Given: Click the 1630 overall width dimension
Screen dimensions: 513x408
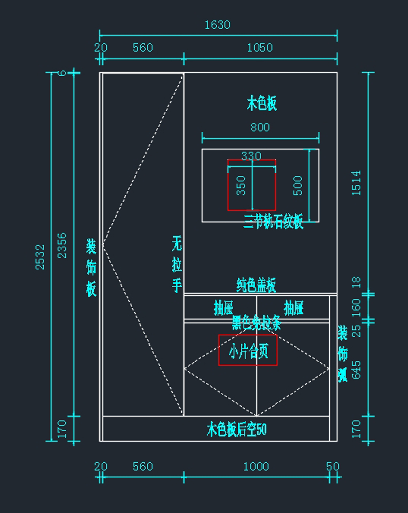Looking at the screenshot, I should pyautogui.click(x=217, y=25).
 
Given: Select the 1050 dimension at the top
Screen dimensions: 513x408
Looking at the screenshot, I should pyautogui.click(x=260, y=48).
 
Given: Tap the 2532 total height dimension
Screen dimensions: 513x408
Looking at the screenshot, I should pyautogui.click(x=40, y=257).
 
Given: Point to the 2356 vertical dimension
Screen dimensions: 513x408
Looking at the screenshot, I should pyautogui.click(x=62, y=246).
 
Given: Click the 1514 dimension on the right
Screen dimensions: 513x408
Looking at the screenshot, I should pyautogui.click(x=356, y=183).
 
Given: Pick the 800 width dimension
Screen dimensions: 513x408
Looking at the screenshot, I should pyautogui.click(x=260, y=127).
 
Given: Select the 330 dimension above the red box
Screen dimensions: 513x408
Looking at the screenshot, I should pyautogui.click(x=251, y=156).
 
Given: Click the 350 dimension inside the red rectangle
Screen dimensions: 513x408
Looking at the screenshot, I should pyautogui.click(x=241, y=185).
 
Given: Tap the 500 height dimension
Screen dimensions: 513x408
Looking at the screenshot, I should pyautogui.click(x=297, y=185).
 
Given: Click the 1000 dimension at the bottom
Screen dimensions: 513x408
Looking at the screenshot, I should pyautogui.click(x=256, y=466).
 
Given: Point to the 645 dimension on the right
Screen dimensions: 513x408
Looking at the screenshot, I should pyautogui.click(x=356, y=370).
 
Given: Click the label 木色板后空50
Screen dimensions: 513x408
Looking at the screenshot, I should pyautogui.click(x=237, y=430).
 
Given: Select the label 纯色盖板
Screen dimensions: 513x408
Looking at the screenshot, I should pyautogui.click(x=256, y=285).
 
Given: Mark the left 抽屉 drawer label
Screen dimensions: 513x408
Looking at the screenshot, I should pyautogui.click(x=223, y=308).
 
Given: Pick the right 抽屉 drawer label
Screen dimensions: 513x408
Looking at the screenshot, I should pyautogui.click(x=293, y=308).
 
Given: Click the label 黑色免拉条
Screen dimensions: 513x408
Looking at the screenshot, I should pyautogui.click(x=256, y=322).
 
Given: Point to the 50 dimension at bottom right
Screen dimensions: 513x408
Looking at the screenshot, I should pyautogui.click(x=333, y=466).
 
